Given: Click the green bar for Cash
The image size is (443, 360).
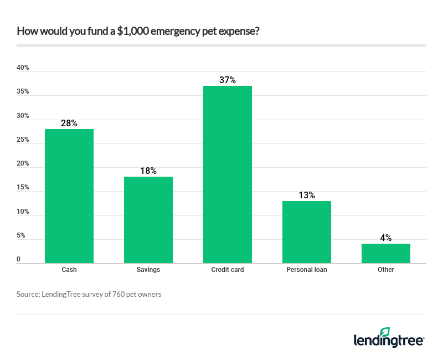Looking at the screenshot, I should point(69,196).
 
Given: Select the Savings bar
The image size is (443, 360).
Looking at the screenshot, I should point(148,220).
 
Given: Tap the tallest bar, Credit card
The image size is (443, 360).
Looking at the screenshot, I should point(228,174).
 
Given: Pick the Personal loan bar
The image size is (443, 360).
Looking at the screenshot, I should point(307,232).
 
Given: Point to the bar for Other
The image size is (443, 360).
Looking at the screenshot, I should point(386,253).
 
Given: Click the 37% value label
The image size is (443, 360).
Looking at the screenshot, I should point(228,80).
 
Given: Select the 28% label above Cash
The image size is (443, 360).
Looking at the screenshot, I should point(69,123).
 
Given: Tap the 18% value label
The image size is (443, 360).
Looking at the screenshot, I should point(148,171).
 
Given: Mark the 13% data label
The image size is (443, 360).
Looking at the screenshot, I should point(307,195).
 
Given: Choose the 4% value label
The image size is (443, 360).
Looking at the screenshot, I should point(386,238).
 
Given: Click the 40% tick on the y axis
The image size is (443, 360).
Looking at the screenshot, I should point(23,68).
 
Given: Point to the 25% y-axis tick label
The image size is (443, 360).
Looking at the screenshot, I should point(23,140).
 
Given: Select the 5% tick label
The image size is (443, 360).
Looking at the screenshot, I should point(21,235).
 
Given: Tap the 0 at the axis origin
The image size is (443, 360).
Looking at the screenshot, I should point(19,259).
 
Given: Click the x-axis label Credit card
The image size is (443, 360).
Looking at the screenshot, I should point(228,270).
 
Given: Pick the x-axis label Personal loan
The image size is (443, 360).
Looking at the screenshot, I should point(307,270).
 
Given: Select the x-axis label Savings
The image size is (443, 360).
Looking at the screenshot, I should point(148,270).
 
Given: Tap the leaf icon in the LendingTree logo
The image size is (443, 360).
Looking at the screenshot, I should point(385,331).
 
